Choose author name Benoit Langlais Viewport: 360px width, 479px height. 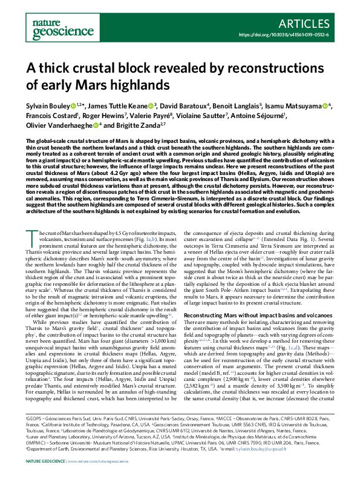234,107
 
